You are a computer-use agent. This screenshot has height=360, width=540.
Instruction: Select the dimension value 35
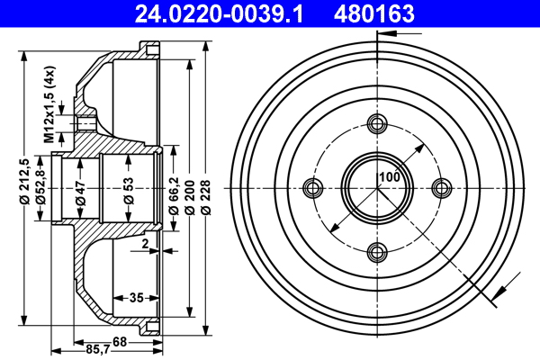136,297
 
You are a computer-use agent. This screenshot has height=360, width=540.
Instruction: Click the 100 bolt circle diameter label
389,177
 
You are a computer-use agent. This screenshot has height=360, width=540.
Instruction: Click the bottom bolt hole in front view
377,251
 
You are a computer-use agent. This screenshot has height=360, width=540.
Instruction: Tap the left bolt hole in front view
313,187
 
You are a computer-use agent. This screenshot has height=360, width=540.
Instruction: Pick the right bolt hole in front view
441,187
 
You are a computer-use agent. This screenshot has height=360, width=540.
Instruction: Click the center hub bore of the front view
377,187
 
